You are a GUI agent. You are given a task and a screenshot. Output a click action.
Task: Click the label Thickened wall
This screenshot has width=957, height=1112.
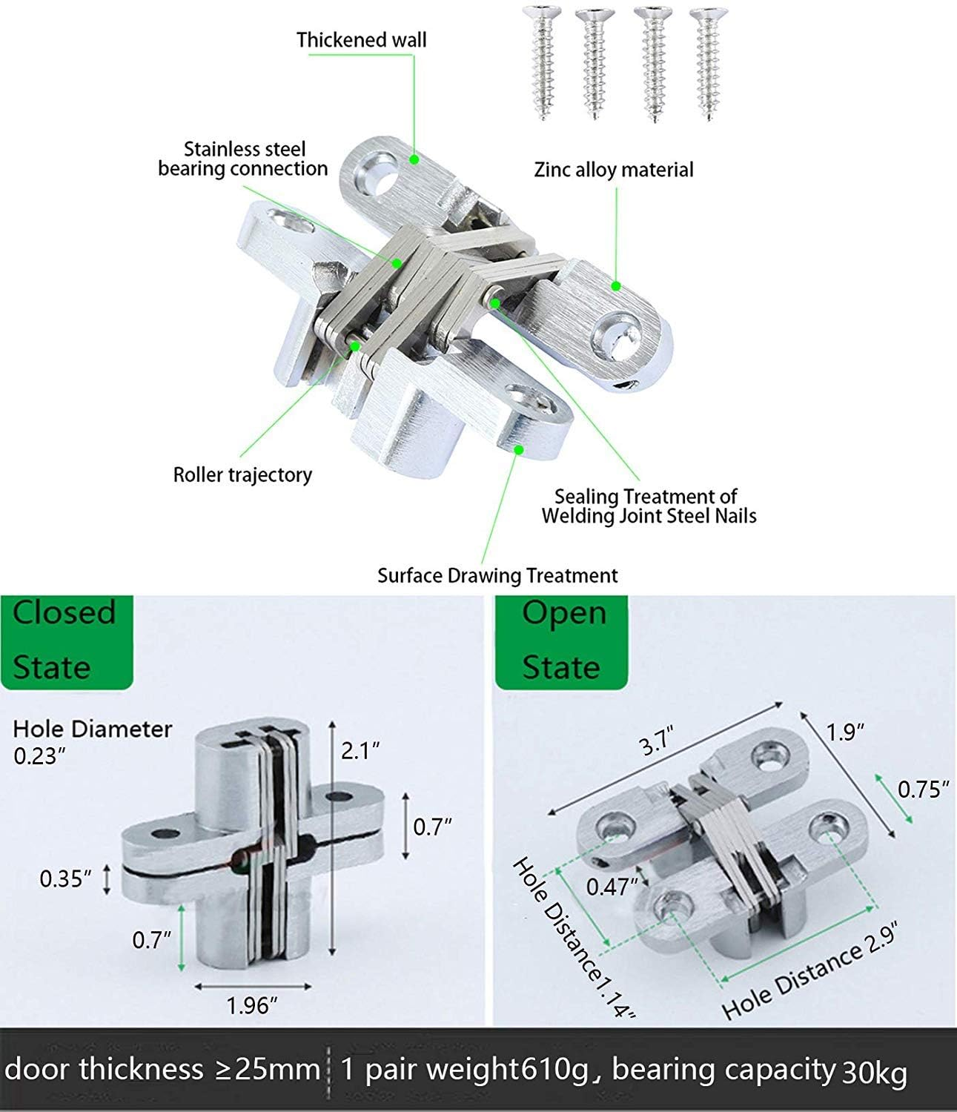coord(361,40)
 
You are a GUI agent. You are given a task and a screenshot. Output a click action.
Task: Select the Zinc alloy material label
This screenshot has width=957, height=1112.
coord(614,170)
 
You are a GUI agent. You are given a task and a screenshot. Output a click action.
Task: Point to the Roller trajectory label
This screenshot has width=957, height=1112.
coord(242,474)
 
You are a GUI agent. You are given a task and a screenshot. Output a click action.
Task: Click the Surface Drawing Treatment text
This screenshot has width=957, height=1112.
coord(497,575)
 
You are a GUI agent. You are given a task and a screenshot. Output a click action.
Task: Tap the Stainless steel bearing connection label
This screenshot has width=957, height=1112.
coord(243,159)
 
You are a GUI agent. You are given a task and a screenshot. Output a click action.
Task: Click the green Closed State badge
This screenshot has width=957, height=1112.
coord(65,640)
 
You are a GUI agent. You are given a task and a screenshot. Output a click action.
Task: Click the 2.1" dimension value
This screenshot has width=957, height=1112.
coord(360,751)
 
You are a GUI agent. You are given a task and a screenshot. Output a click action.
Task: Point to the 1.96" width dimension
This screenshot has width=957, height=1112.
coord(252,1005)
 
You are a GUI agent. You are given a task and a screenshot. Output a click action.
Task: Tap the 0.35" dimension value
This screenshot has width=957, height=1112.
coord(66,879)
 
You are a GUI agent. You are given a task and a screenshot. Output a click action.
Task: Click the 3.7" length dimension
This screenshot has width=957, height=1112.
coord(658,742)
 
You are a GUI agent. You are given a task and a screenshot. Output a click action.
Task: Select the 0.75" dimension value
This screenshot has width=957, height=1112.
coord(923,790)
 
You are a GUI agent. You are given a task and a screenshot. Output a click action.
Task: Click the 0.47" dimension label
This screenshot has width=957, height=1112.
coord(612,886)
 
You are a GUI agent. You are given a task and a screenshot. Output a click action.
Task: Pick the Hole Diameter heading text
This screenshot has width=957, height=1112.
coord(93,729)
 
